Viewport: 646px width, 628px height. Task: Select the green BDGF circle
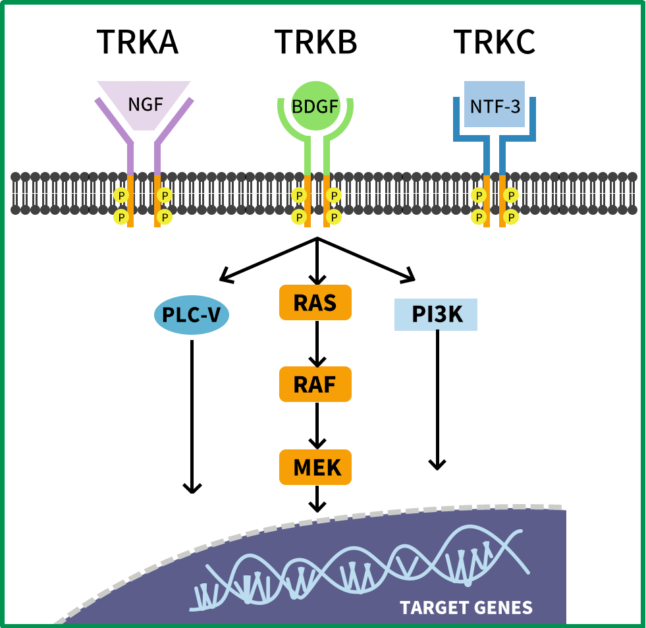pyautogui.click(x=316, y=105)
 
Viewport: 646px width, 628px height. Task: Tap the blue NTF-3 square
pyautogui.click(x=495, y=105)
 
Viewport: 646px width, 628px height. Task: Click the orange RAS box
pyautogui.click(x=315, y=302)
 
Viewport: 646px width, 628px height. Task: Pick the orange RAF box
pyautogui.click(x=315, y=384)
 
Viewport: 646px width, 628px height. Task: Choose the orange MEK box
pyautogui.click(x=315, y=467)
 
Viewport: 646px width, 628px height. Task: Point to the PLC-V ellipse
pyautogui.click(x=191, y=315)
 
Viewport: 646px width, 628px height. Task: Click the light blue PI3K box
pyautogui.click(x=436, y=314)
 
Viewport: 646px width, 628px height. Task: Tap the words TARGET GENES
pyautogui.click(x=466, y=607)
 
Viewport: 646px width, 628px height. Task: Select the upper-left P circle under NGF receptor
pyautogui.click(x=121, y=195)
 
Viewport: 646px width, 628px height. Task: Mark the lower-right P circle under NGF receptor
pyautogui.click(x=165, y=216)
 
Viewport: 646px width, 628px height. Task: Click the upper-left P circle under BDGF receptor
pyautogui.click(x=299, y=195)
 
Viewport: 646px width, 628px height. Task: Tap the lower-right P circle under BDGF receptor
pyautogui.click(x=335, y=216)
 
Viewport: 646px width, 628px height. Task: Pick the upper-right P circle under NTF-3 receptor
pyautogui.click(x=511, y=195)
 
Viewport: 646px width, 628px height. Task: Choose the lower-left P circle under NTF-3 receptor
pyautogui.click(x=479, y=216)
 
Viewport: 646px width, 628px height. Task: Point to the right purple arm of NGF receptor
pyautogui.click(x=175, y=122)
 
